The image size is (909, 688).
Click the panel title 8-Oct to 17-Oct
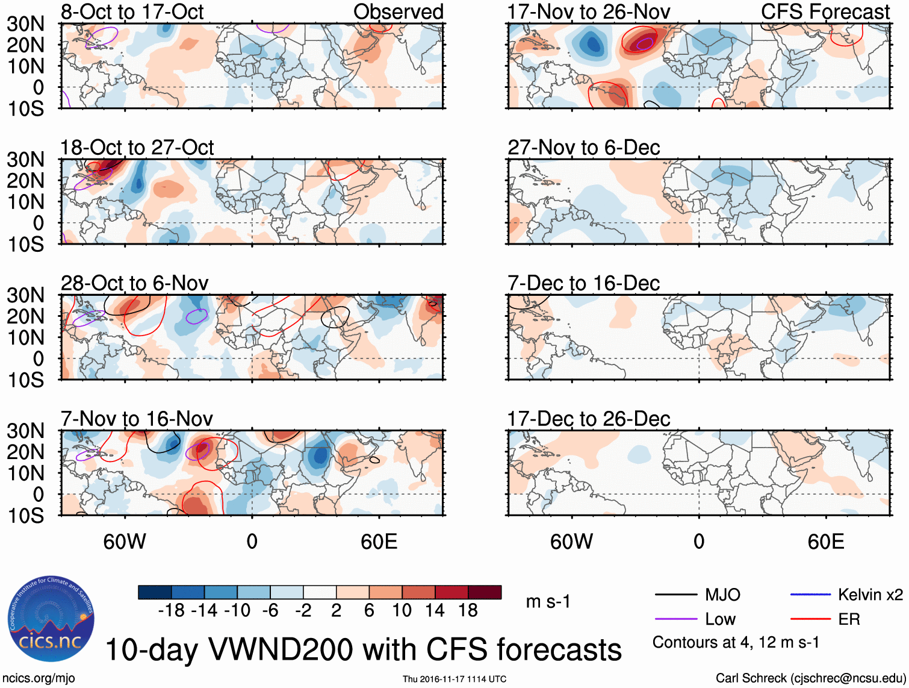click(132, 11)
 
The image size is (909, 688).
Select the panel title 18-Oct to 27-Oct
click(137, 148)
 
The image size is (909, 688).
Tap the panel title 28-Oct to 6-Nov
click(135, 283)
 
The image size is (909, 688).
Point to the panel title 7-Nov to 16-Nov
click(137, 419)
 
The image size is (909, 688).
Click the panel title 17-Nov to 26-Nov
click(588, 11)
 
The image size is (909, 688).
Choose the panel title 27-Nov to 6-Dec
click(583, 148)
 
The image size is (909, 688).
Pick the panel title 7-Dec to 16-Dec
click(583, 283)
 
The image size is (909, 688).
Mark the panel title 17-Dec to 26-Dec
click(588, 419)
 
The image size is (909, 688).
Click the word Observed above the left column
click(398, 11)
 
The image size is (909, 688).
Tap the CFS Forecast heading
click(825, 11)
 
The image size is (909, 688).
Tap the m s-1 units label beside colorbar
click(548, 601)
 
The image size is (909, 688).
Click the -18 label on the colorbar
click(172, 611)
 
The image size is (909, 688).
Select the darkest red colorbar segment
click(485, 592)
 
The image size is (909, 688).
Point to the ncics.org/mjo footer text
click(39, 678)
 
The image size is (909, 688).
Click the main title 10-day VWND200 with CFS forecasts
click(363, 649)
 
